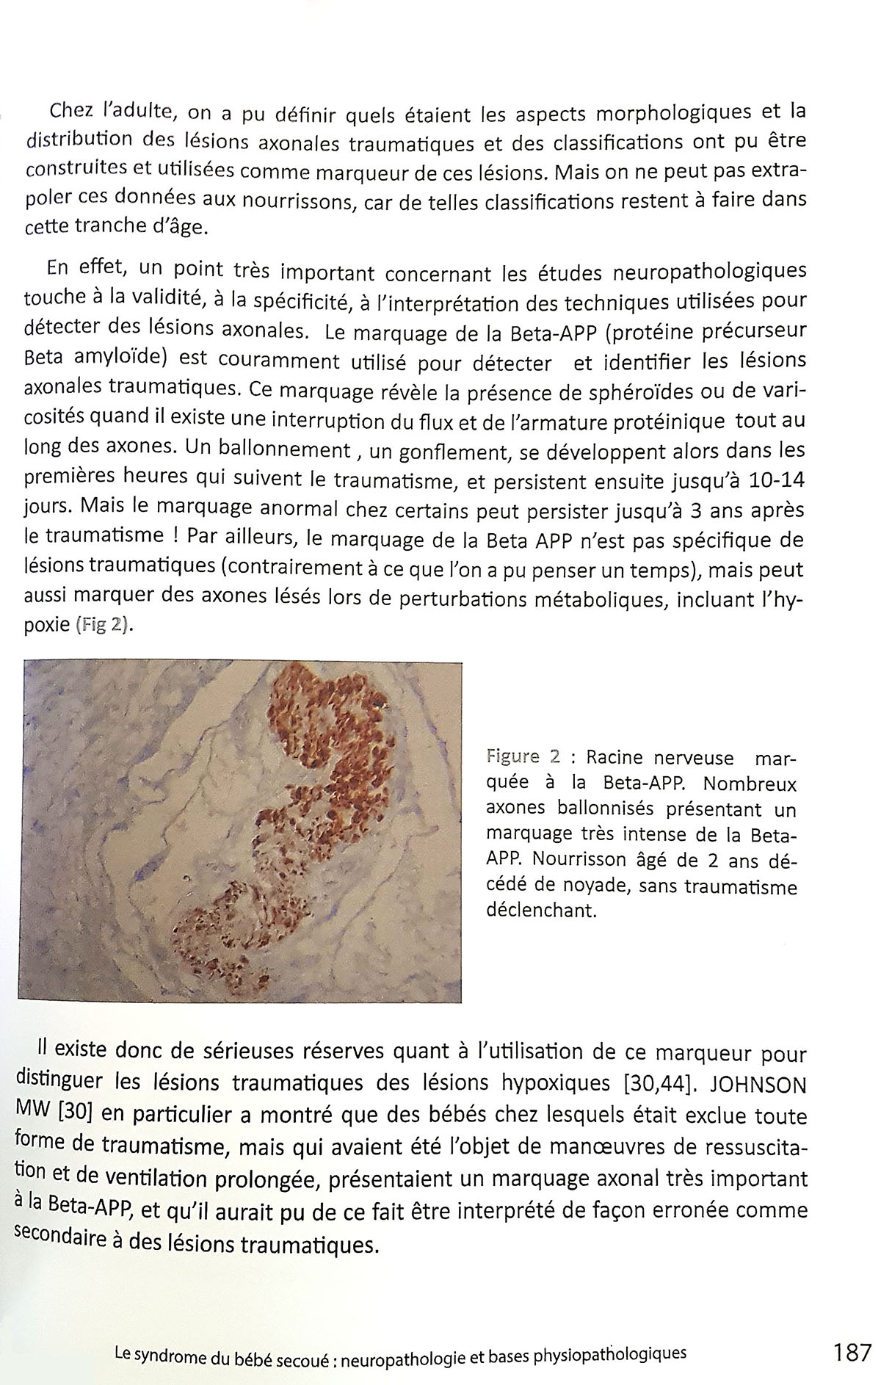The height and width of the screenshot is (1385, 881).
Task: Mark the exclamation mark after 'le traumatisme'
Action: pyautogui.click(x=178, y=535)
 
